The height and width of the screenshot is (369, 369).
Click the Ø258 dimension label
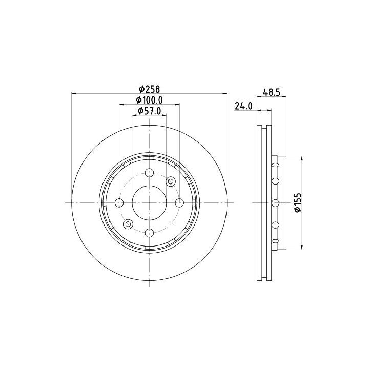pos(149,89)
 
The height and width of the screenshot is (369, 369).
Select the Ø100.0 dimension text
pos(150,100)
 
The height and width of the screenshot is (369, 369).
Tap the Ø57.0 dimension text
pos(150,111)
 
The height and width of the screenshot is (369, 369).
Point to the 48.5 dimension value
pos(272,92)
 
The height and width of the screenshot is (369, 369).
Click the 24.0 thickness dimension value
pos(243,107)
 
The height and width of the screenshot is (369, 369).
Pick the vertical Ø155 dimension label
pos(298,202)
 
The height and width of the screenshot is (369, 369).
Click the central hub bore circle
pos(150,202)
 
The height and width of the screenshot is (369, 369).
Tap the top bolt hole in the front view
pos(150,173)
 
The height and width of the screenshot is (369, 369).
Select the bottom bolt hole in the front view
pos(150,233)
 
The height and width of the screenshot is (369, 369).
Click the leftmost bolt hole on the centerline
pos(119,202)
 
